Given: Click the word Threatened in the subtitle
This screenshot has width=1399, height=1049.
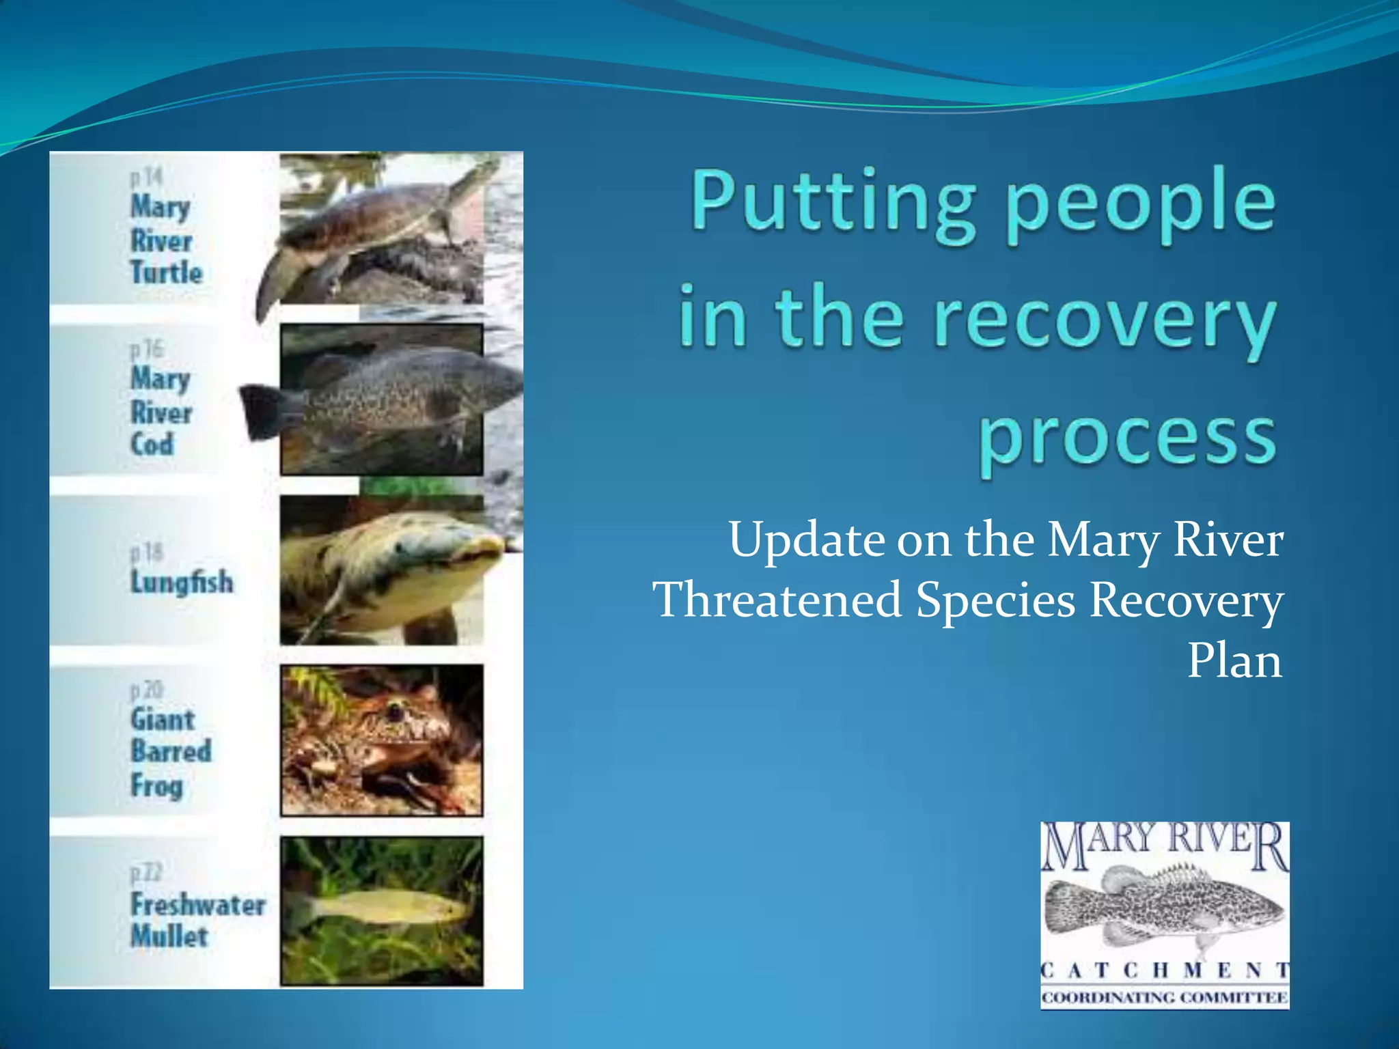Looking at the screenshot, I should [x=777, y=600].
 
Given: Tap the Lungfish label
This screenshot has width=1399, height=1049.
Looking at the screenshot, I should [x=182, y=582].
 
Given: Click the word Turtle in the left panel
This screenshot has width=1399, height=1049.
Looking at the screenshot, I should [x=167, y=272].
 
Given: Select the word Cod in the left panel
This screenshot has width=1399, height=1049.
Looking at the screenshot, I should [x=152, y=445].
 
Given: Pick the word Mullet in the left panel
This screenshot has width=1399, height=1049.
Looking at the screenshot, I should [x=169, y=936].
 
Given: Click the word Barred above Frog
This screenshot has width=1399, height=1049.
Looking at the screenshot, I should [x=171, y=751].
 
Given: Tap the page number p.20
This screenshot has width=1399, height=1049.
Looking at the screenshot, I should [x=147, y=690].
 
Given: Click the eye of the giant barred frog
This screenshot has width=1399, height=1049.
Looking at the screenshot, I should [x=394, y=712].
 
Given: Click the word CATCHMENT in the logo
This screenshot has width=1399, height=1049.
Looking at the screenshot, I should [x=1165, y=970].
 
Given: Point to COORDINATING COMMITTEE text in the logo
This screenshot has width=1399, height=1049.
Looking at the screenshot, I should [x=1165, y=998].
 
